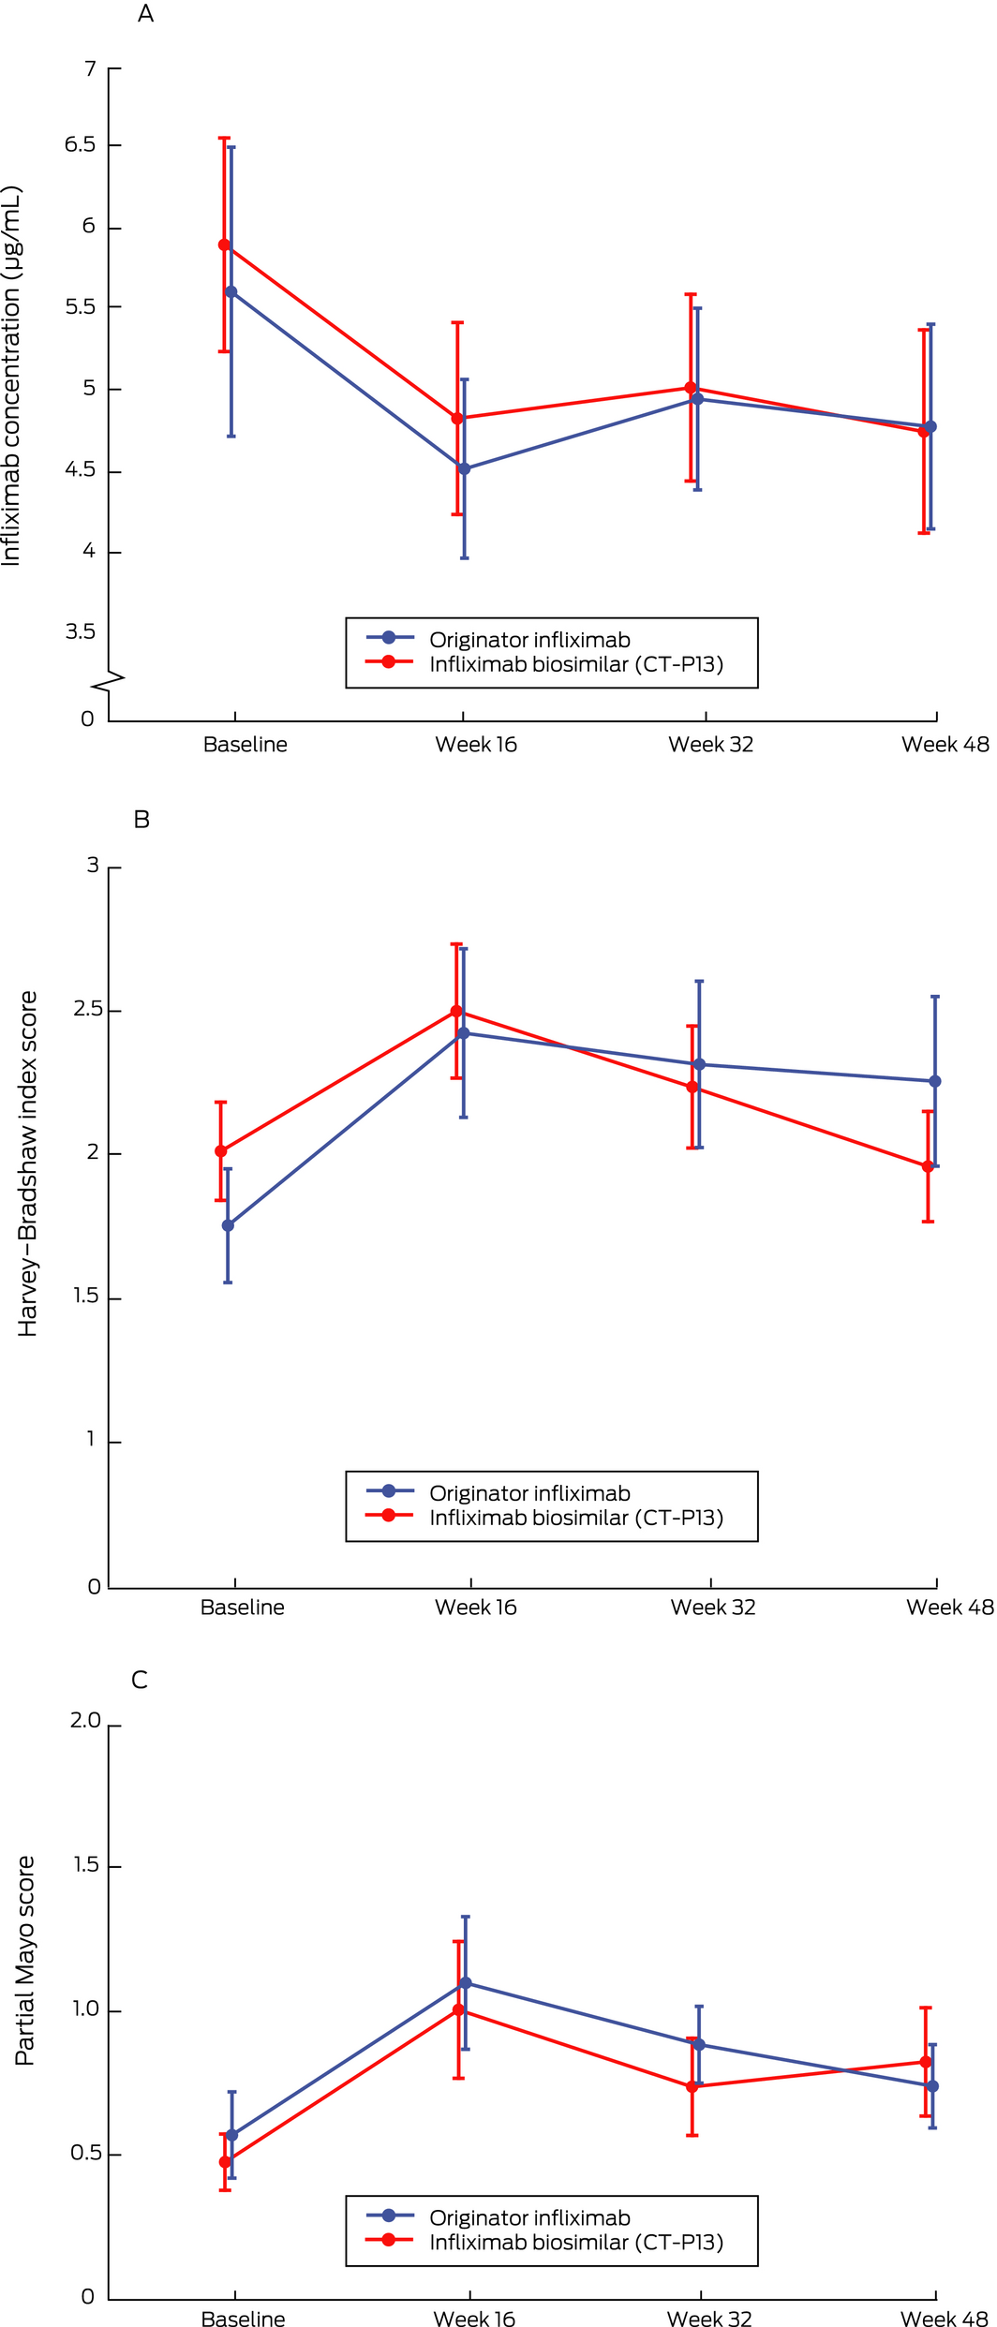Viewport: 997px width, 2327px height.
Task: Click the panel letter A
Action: point(145,14)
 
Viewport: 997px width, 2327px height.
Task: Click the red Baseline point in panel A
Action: point(225,245)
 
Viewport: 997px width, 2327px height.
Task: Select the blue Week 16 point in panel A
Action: point(465,468)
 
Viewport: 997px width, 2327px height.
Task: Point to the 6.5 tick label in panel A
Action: point(80,144)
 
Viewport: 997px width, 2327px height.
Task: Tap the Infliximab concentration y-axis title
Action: point(11,376)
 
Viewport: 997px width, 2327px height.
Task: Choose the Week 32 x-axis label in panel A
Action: point(710,745)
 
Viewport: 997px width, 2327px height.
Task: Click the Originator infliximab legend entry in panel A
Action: point(529,640)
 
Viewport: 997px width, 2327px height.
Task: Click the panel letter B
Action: point(141,820)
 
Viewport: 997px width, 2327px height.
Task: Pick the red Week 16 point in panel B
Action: point(457,1012)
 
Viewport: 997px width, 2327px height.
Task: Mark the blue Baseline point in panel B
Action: point(228,1225)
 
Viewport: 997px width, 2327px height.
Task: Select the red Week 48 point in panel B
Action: point(929,1167)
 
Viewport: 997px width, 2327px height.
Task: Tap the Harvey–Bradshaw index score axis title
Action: point(28,1163)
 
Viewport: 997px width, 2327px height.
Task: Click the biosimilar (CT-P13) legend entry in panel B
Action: point(576,1518)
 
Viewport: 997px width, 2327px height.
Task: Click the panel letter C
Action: point(140,1680)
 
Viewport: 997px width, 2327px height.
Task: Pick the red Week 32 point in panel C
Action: point(692,2087)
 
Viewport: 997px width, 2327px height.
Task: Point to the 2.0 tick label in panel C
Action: point(85,1721)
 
